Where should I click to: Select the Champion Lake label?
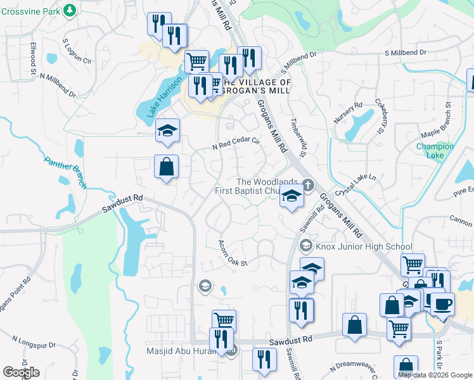coord(435,151)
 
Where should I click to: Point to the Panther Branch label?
coord(66,172)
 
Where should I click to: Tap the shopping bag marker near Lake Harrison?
coord(166,167)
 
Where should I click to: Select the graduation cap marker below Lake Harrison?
coord(168,130)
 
